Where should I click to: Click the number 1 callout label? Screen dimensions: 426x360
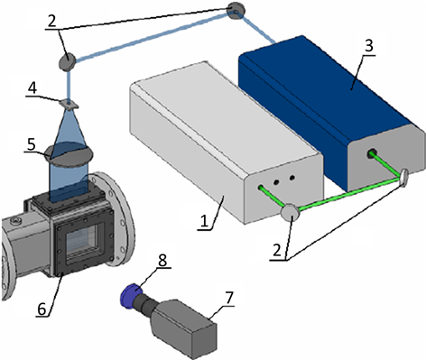pyautogui.click(x=204, y=221)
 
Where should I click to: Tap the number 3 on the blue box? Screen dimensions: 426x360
pyautogui.click(x=369, y=46)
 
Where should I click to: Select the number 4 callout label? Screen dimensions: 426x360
pyautogui.click(x=32, y=88)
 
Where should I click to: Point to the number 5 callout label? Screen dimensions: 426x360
pyautogui.click(x=31, y=144)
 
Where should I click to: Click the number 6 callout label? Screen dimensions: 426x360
pyautogui.click(x=42, y=309)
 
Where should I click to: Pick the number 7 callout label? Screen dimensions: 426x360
pyautogui.click(x=229, y=298)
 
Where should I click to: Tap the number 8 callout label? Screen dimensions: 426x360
pyautogui.click(x=162, y=260)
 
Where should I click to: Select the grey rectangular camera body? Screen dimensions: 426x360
pyautogui.click(x=184, y=328)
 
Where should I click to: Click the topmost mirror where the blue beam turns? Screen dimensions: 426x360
pyautogui.click(x=237, y=11)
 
